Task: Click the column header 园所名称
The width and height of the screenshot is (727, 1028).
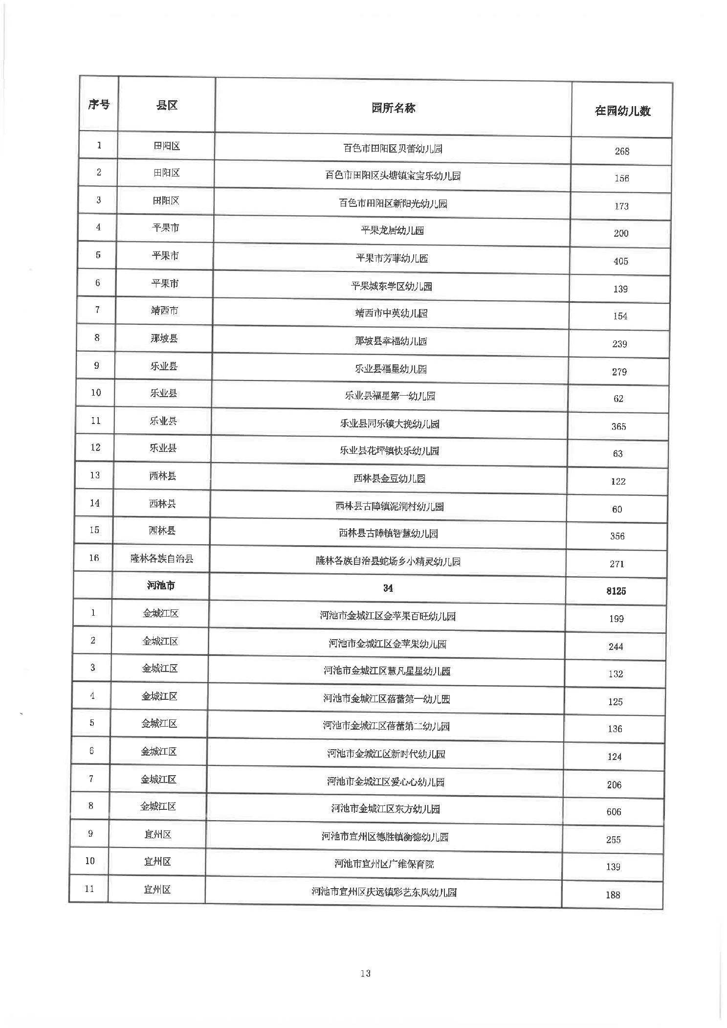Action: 393,108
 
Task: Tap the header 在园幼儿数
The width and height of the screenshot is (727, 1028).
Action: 622,111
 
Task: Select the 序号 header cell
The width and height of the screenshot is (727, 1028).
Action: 99,104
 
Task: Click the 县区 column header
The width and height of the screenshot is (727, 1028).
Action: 166,105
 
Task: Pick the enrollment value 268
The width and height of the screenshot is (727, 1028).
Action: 621,151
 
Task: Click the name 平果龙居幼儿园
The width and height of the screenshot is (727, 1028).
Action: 392,230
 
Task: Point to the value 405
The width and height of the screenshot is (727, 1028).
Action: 620,261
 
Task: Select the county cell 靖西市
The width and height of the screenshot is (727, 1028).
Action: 164,311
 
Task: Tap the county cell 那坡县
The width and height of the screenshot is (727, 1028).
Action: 164,338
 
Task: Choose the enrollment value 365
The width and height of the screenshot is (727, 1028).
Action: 618,426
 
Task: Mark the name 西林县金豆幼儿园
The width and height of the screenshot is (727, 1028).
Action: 389,478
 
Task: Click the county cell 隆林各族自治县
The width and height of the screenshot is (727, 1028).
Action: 161,558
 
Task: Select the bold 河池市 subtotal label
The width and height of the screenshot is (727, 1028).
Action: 161,585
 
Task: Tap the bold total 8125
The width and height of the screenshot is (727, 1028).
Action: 616,591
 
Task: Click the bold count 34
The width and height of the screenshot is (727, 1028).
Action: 388,588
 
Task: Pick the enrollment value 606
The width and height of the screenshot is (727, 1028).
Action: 614,812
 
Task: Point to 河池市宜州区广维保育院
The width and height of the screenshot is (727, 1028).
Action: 384,864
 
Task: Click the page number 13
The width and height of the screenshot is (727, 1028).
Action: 365,973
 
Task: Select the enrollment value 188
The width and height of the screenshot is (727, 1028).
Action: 613,895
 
